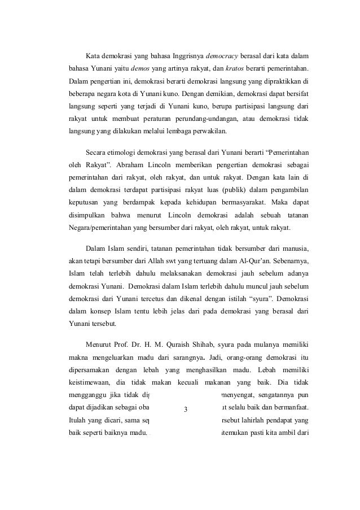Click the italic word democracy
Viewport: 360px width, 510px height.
tap(222, 57)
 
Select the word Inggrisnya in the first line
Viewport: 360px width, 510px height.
tap(182, 57)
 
